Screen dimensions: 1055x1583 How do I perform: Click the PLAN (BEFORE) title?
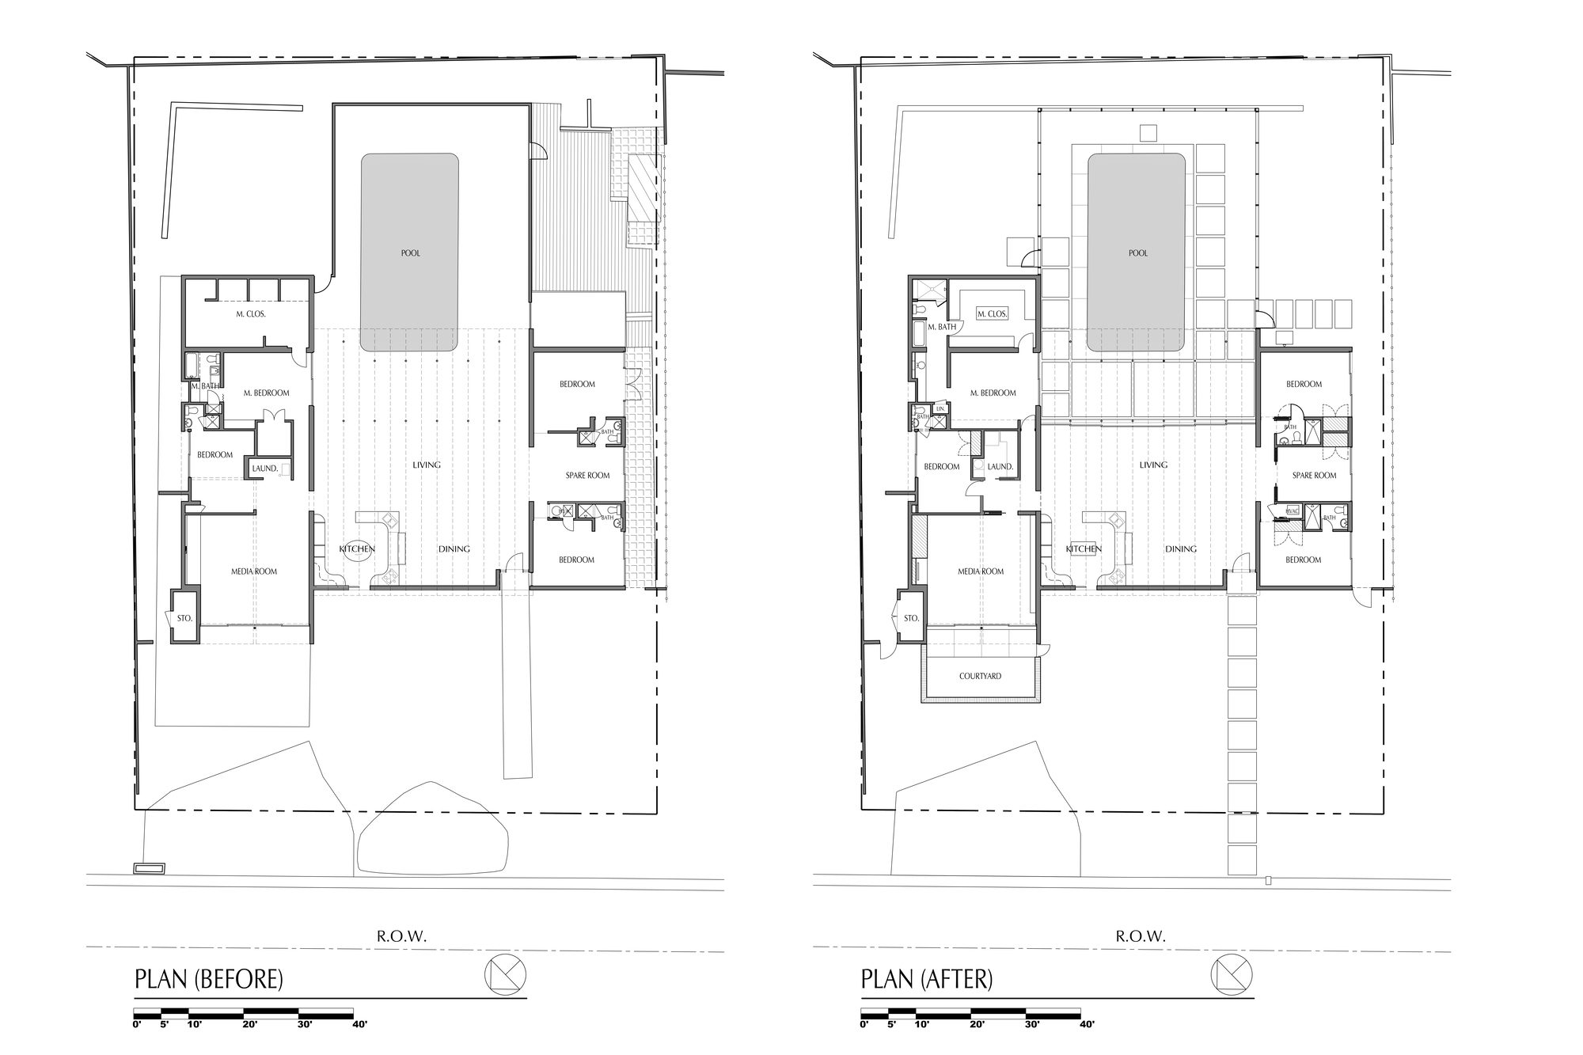pyautogui.click(x=209, y=979)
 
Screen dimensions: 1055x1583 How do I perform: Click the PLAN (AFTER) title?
pyautogui.click(x=927, y=979)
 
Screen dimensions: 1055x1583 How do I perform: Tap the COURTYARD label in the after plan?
pyautogui.click(x=980, y=677)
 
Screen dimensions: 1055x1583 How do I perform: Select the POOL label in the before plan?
pyautogui.click(x=410, y=253)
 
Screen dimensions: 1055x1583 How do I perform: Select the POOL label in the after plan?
pyautogui.click(x=1137, y=253)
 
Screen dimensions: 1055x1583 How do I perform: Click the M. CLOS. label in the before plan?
pyautogui.click(x=250, y=313)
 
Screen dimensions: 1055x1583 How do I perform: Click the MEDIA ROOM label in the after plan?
pyautogui.click(x=981, y=571)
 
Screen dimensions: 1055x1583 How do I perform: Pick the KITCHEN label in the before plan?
pyautogui.click(x=357, y=548)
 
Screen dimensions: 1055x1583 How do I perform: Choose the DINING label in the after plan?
pyautogui.click(x=1180, y=548)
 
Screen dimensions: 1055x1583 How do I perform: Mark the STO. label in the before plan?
pyautogui.click(x=184, y=618)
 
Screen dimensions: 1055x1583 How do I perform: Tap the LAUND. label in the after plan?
pyautogui.click(x=1000, y=467)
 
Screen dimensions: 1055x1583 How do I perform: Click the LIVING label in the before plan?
pyautogui.click(x=427, y=465)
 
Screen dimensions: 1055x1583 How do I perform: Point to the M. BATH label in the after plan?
pyautogui.click(x=942, y=327)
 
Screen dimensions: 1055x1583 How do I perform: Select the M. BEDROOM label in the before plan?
pyautogui.click(x=266, y=393)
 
